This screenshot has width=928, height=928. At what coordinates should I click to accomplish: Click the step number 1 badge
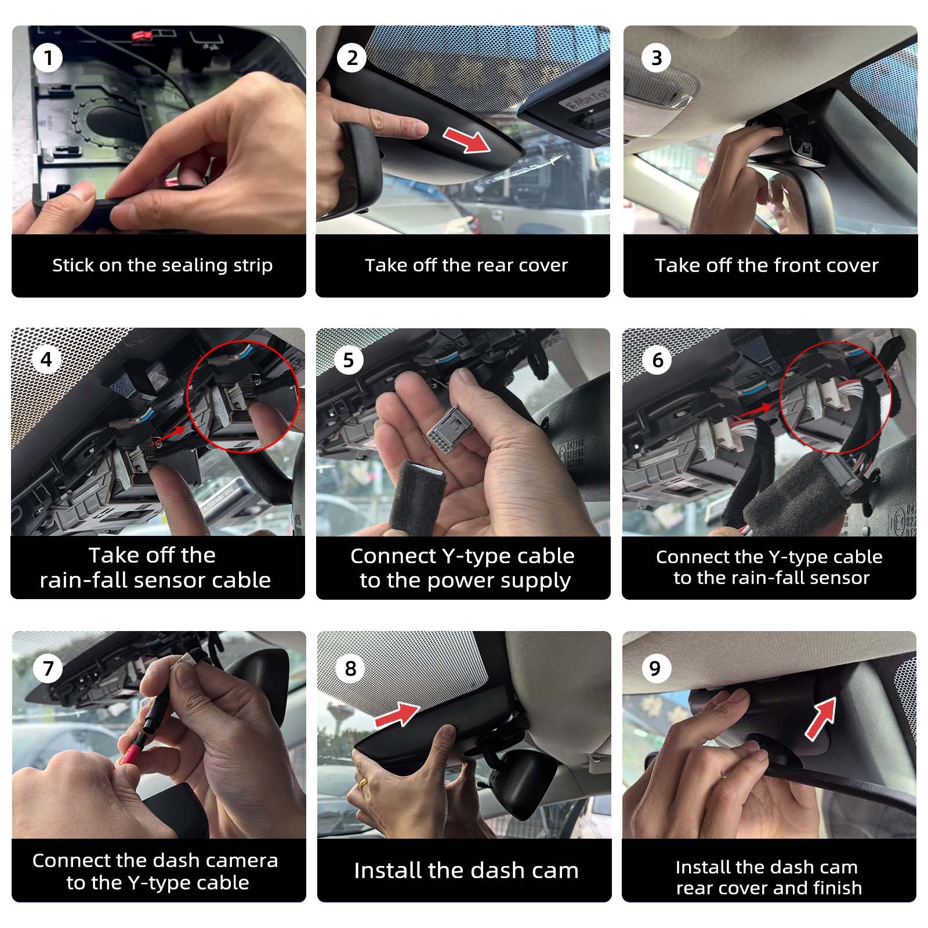point(48,58)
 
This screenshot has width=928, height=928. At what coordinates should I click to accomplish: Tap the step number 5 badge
point(349,360)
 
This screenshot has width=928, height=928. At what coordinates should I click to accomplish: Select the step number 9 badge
point(655,669)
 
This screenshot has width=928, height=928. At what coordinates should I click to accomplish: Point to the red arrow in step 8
point(398,713)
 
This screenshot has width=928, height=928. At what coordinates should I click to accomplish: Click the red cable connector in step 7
point(129,753)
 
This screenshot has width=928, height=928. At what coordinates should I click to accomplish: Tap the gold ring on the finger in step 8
point(363,782)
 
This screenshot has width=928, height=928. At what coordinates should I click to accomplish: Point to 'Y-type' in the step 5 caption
point(476,556)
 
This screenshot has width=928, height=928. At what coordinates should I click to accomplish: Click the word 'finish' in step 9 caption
point(837,888)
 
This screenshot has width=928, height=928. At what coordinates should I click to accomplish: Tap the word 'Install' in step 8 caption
point(387,871)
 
